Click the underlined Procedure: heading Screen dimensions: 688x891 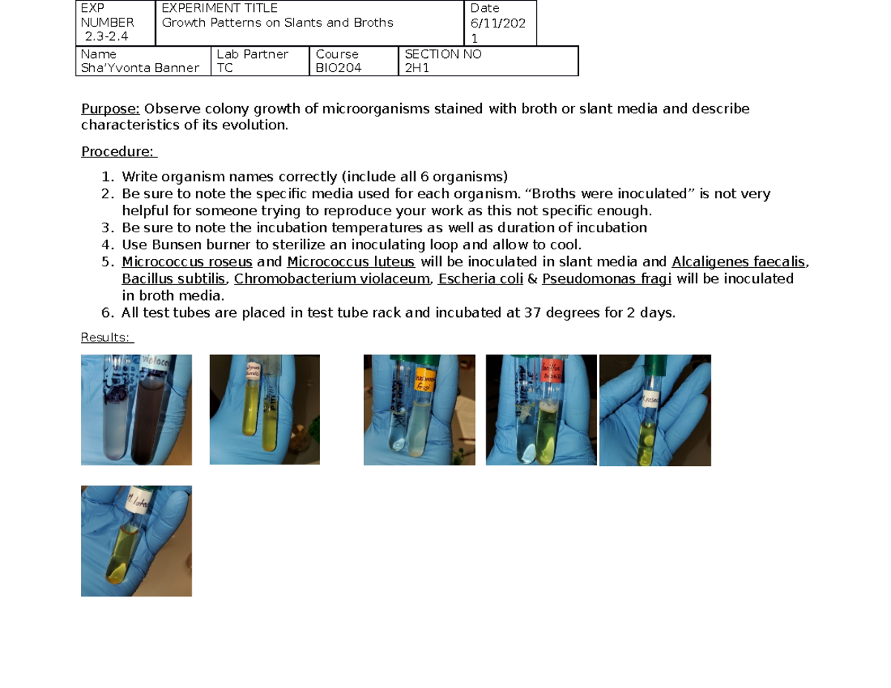coord(118,152)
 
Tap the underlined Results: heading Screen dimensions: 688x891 coord(106,338)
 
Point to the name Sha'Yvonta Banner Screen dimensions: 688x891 coord(140,68)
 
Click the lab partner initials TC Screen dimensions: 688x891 coord(224,68)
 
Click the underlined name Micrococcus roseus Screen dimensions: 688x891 coord(187,261)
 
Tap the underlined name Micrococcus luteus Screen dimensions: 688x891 coord(350,261)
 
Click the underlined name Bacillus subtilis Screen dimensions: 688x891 coord(175,279)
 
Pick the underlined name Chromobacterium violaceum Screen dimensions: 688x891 coord(332,279)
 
